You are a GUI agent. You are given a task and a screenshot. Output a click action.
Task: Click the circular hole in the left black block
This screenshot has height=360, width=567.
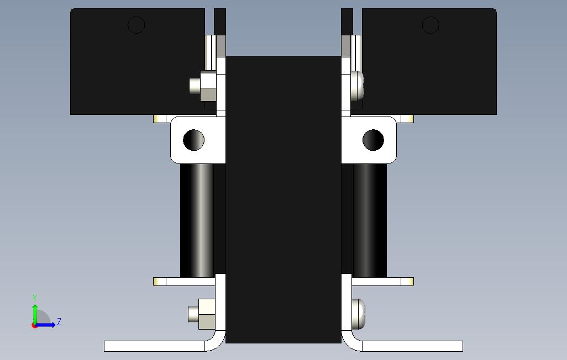click(136, 25)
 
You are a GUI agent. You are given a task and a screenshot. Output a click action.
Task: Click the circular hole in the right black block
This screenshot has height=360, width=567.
click(431, 25)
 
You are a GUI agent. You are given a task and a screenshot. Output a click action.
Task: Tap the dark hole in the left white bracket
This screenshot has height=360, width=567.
click(194, 140)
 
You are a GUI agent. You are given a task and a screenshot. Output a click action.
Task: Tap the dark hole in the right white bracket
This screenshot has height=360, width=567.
click(373, 140)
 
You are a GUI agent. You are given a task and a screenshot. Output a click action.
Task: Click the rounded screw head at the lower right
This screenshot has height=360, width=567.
click(358, 314)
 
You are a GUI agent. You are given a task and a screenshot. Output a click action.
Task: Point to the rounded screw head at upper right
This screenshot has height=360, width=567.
click(357, 86)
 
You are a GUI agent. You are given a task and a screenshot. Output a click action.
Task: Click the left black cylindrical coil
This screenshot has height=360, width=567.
click(197, 220)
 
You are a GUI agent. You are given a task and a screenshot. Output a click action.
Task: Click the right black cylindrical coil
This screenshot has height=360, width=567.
click(370, 220)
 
